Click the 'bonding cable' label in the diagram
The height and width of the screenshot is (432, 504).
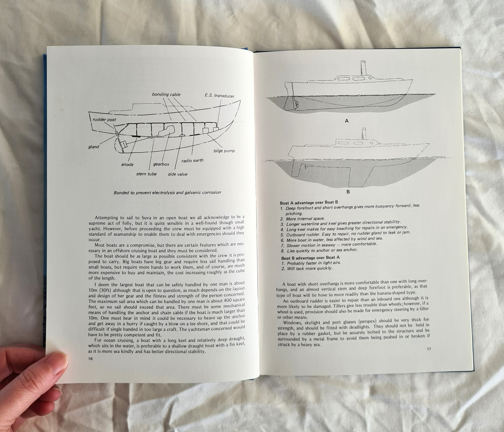coord(165,94)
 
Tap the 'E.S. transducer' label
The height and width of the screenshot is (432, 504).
coord(219,96)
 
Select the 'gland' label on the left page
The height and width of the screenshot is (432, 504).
coord(93,147)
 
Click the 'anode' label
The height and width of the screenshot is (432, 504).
coord(127,164)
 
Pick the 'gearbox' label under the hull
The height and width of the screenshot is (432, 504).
coord(161,164)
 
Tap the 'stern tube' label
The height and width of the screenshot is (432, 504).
coord(147,174)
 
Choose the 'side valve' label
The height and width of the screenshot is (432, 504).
coord(177,174)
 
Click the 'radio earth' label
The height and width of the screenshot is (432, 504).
coord(192,161)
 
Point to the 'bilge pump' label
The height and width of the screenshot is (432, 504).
coord(224,151)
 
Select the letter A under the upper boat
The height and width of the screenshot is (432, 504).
coord(346,121)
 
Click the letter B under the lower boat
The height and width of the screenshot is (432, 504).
coord(348,191)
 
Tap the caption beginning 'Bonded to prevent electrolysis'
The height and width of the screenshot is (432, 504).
coord(167,192)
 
